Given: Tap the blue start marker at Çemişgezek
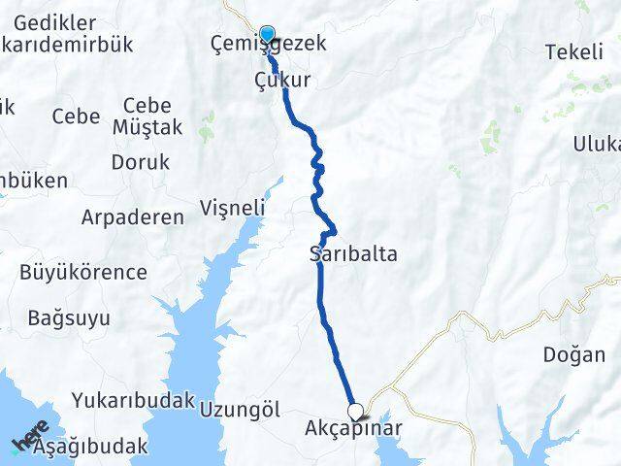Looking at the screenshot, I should click(x=267, y=32).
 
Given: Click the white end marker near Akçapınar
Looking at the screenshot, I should click(x=356, y=411).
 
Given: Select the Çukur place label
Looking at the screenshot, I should click(x=281, y=81).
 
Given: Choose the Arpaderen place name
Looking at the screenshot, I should click(x=133, y=217).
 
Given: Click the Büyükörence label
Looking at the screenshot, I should click(x=83, y=273).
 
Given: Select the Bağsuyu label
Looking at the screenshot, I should click(x=69, y=317).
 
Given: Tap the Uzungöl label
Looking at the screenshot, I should click(x=233, y=409).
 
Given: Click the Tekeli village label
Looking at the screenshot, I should click(x=573, y=52).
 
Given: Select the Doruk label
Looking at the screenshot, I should click(x=140, y=163).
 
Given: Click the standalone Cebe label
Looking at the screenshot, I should click(x=76, y=116).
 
